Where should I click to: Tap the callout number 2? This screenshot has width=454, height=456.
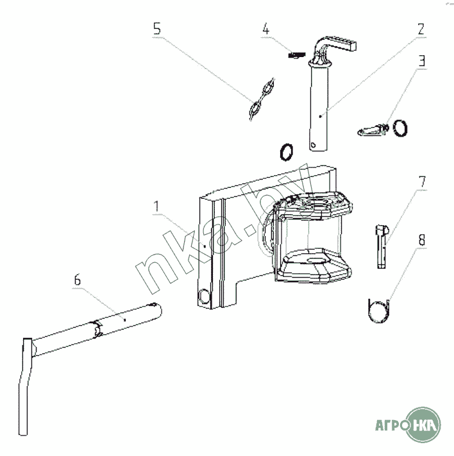pyautogui.click(x=421, y=30)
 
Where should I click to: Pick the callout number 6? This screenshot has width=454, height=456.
pyautogui.click(x=77, y=280)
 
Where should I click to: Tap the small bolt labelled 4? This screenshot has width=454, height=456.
pyautogui.click(x=295, y=55)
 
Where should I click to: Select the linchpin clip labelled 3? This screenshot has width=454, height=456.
pyautogui.click(x=370, y=130)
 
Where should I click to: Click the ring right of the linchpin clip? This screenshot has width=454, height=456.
pyautogui.click(x=401, y=128)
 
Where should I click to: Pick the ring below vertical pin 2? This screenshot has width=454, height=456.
pyautogui.click(x=287, y=152)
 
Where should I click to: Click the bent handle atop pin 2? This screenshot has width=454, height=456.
pyautogui.click(x=333, y=47)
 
